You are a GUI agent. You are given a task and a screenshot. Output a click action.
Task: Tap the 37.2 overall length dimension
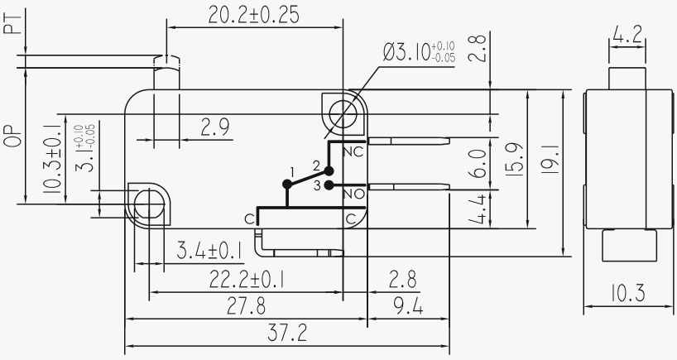(x=288, y=333)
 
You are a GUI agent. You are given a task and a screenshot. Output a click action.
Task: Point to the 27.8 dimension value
(x=247, y=306)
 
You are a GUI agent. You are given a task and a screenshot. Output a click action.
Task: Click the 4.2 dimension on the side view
(x=627, y=36)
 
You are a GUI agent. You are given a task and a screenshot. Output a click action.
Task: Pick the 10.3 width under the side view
(x=627, y=294)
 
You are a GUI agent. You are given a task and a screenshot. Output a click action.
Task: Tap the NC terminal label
(x=353, y=152)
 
